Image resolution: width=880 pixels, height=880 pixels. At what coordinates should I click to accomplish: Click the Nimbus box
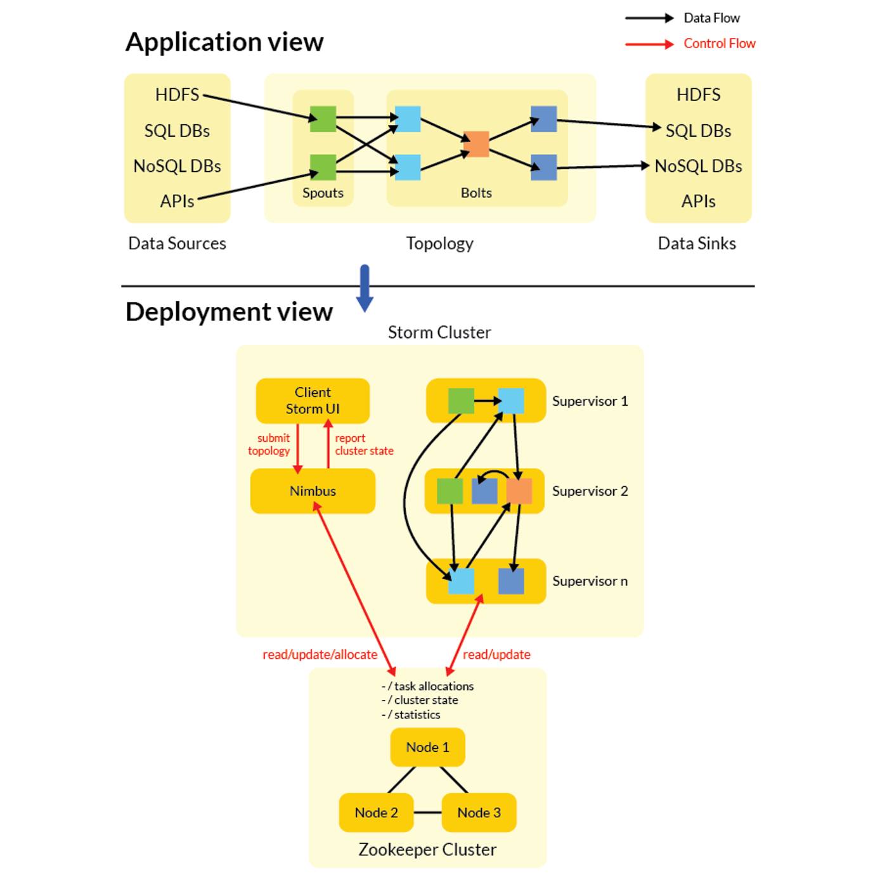(313, 491)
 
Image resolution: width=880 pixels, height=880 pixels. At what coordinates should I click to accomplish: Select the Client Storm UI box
(313, 401)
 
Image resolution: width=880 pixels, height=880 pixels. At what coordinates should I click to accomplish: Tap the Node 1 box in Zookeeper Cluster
(427, 747)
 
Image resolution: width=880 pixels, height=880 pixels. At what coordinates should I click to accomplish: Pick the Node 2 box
(376, 812)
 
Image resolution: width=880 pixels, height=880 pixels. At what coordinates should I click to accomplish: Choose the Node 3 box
(479, 812)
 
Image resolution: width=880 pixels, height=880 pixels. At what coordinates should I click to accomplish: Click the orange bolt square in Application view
(476, 144)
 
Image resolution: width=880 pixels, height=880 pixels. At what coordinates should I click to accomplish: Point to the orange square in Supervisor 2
(519, 491)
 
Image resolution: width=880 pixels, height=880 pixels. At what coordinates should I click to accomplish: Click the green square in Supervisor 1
(461, 401)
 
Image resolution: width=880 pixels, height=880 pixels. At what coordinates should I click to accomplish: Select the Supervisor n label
(590, 581)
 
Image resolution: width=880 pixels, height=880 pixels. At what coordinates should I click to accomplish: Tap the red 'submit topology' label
(269, 444)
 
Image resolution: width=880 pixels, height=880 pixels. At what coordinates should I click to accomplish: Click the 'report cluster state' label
(363, 444)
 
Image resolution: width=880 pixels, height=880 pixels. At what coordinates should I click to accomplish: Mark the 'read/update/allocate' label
(320, 654)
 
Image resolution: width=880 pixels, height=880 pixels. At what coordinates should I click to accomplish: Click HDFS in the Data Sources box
(177, 94)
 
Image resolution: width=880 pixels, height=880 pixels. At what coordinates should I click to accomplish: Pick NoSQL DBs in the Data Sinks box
(698, 166)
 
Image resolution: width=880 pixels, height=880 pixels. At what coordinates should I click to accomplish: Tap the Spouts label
(323, 193)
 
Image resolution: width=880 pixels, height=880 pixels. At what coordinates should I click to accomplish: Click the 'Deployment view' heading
(229, 312)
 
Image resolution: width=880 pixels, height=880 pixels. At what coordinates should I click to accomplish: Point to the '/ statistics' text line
(412, 715)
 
